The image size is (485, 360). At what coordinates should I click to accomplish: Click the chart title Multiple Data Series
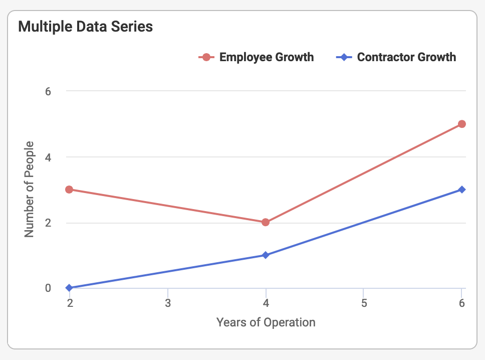[x=85, y=27]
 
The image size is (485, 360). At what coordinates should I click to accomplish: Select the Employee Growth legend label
[x=267, y=57]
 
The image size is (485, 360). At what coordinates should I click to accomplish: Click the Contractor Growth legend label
[x=406, y=57]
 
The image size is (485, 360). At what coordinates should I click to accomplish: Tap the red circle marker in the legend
[x=206, y=57]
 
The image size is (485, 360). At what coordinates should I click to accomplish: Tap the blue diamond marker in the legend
[x=344, y=57]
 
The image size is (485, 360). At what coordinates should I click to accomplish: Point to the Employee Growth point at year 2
[x=69, y=190]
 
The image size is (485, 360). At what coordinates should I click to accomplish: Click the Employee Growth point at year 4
[x=266, y=222]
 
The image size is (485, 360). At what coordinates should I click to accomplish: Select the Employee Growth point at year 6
[x=462, y=124]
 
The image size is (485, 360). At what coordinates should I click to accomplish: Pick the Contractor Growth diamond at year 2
[x=69, y=288]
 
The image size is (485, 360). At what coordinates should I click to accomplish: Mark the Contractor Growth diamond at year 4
[x=266, y=255]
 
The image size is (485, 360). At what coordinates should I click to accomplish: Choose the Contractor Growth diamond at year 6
[x=462, y=190]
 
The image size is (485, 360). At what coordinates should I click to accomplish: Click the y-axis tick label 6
[x=48, y=91]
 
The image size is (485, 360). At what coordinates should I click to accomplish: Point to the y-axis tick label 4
[x=48, y=157]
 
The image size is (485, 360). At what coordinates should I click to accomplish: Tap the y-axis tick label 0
[x=48, y=288]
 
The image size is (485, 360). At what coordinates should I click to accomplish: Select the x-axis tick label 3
[x=167, y=303]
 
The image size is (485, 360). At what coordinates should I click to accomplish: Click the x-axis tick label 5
[x=364, y=303]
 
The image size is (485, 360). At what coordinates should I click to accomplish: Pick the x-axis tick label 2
[x=70, y=303]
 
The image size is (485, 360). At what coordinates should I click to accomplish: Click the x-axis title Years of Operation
[x=266, y=322]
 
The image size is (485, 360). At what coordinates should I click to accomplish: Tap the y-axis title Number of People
[x=30, y=190]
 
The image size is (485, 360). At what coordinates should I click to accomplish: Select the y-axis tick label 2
[x=48, y=223]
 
